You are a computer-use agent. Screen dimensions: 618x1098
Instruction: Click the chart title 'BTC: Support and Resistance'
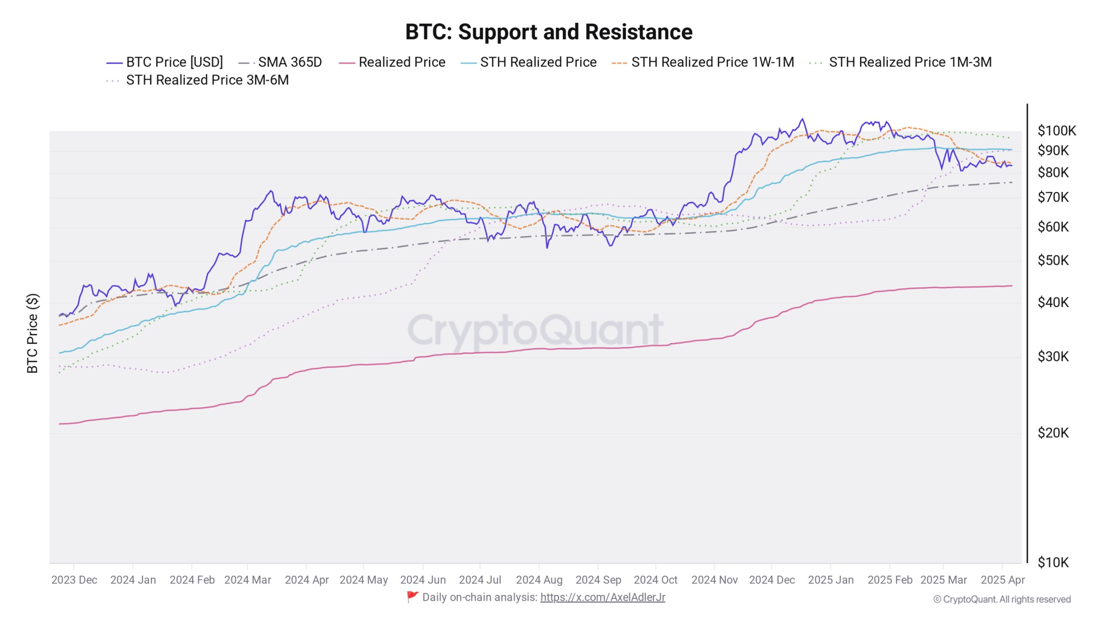tap(549, 32)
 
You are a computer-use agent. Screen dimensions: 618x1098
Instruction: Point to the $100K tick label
tap(1056, 130)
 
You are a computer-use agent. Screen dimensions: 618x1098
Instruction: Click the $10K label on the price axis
tap(1053, 562)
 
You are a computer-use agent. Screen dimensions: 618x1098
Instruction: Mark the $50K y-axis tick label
tap(1053, 261)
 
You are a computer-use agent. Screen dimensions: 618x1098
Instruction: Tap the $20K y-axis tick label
tap(1053, 433)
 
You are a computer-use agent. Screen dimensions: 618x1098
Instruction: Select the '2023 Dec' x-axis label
tap(74, 580)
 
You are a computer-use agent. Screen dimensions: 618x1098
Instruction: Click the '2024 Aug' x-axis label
tap(539, 580)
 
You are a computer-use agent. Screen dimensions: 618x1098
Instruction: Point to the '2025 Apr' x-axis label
tap(1002, 580)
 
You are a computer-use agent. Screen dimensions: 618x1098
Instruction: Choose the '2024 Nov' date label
tap(714, 580)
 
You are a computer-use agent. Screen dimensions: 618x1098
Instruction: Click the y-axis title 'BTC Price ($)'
tap(33, 333)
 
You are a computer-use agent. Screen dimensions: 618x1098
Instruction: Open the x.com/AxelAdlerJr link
tap(603, 597)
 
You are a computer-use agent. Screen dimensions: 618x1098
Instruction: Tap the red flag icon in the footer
tap(412, 597)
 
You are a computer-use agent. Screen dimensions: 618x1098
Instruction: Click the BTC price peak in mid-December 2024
tap(802, 119)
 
